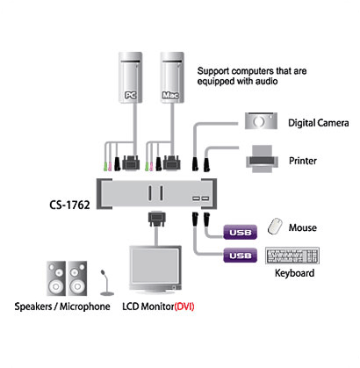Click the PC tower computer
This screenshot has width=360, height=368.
coord(130,77)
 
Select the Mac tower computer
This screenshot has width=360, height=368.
coord(172,77)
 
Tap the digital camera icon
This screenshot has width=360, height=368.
coord(261,121)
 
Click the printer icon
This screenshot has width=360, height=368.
coord(262,158)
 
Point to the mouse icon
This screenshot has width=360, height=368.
coord(275,226)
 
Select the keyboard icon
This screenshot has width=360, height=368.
coord(292,256)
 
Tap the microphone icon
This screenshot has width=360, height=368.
coord(107,283)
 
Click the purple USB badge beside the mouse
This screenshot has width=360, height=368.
coord(241,233)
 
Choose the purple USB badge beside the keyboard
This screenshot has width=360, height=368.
coord(241,256)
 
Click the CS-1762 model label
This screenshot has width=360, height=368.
coord(69,205)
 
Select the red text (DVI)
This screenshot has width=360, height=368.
coord(184,307)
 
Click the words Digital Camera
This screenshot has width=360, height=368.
coord(319,123)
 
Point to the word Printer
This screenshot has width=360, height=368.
coord(303,161)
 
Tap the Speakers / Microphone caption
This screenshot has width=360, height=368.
coord(62,307)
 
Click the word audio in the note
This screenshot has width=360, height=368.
coord(266,81)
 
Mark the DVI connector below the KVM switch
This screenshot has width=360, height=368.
coord(157,218)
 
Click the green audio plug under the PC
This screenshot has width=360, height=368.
coord(106,166)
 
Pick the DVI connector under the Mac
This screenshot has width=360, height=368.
coord(172,162)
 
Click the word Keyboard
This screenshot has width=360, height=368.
coord(295,273)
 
